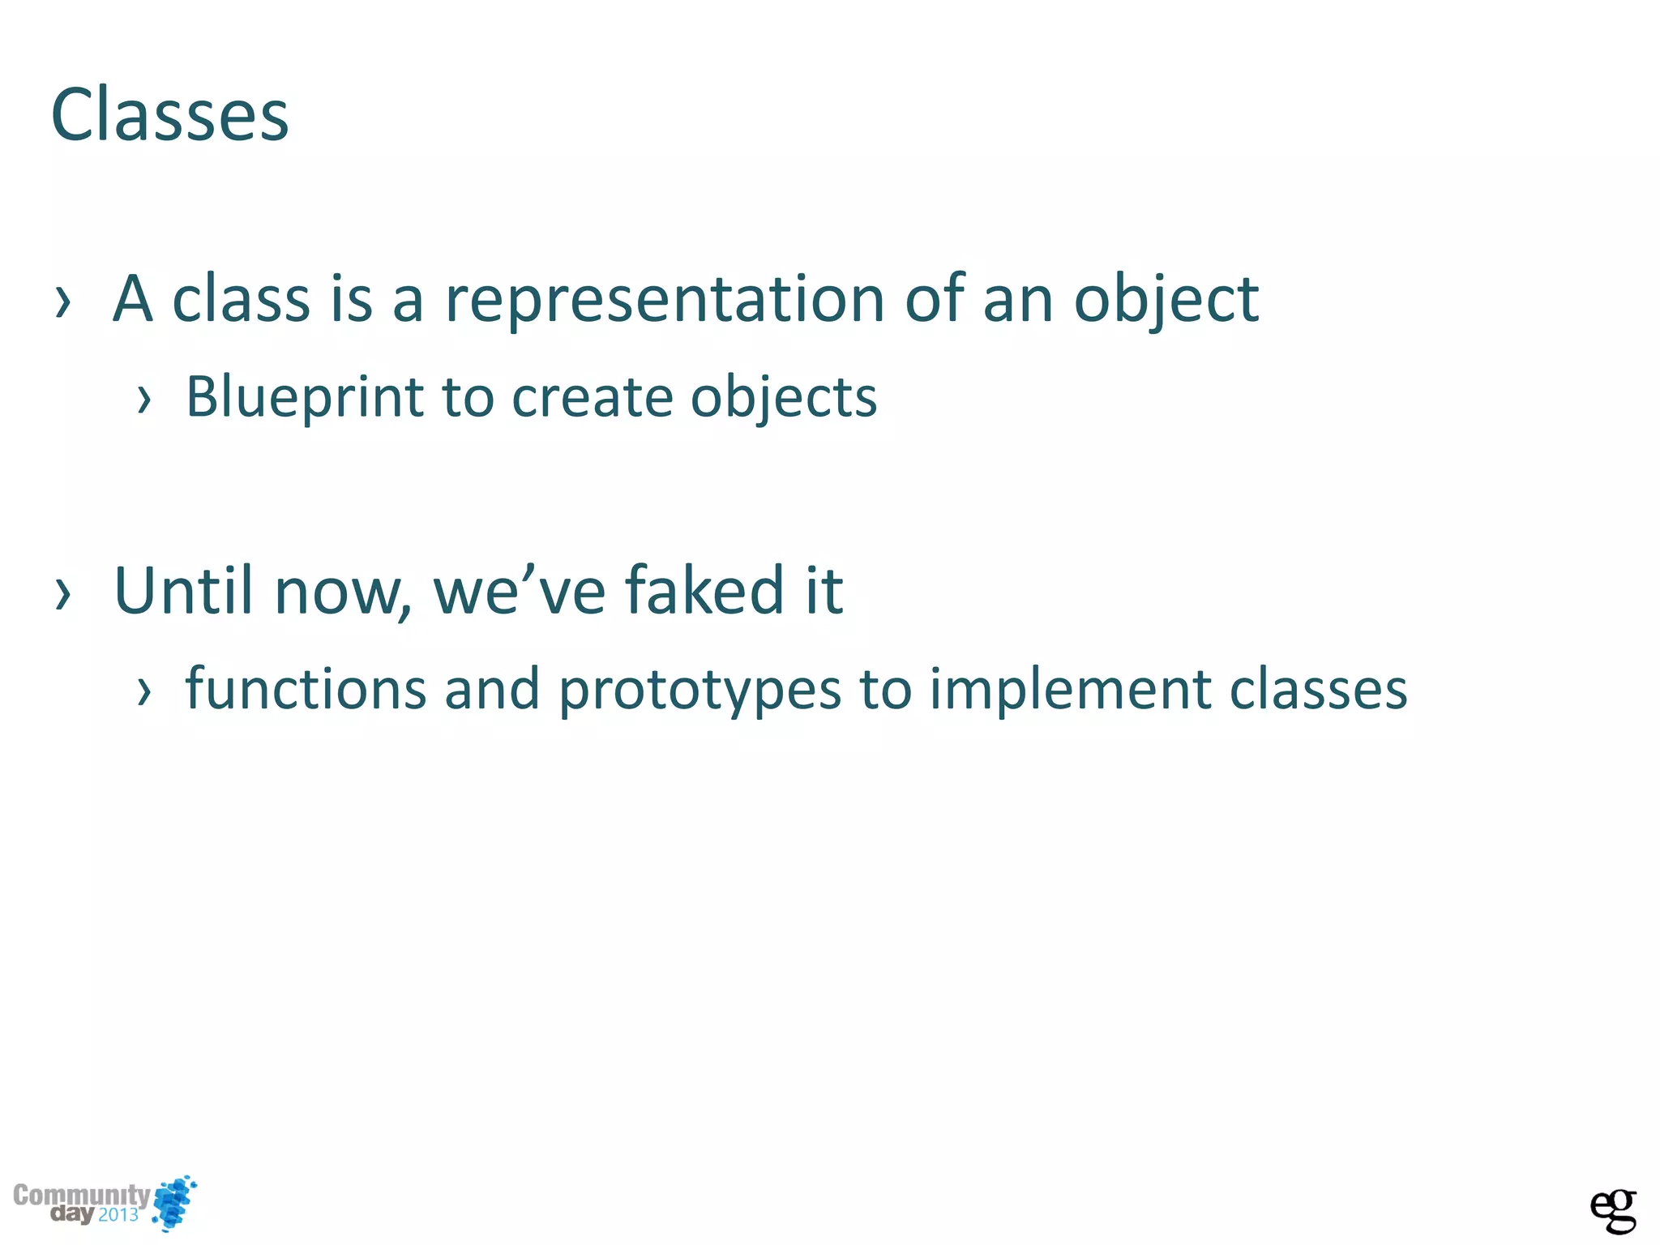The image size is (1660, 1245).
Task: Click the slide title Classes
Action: pos(169,115)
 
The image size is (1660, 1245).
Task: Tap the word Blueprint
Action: pos(305,397)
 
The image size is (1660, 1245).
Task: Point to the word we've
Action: pos(519,590)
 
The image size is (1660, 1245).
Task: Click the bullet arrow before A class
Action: pos(63,302)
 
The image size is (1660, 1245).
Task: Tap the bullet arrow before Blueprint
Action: pos(144,399)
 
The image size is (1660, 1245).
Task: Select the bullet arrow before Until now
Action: pos(63,593)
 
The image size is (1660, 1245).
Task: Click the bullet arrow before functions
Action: pos(144,691)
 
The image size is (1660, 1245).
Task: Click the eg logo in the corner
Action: pos(1612,1210)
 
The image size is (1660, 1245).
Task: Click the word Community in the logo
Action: pos(81,1195)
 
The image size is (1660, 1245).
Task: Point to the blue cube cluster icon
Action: pos(175,1202)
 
